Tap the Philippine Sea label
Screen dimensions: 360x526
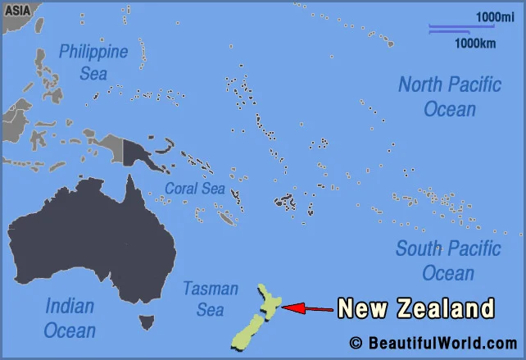(93, 62)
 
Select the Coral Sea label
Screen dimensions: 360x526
(194, 188)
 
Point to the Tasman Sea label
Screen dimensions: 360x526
(210, 298)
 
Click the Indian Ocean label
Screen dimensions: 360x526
(70, 318)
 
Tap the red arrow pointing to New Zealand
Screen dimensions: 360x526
(307, 308)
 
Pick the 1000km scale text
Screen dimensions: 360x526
(476, 43)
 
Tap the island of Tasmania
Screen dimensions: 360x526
(147, 322)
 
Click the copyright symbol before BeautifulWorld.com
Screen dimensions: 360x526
(356, 343)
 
